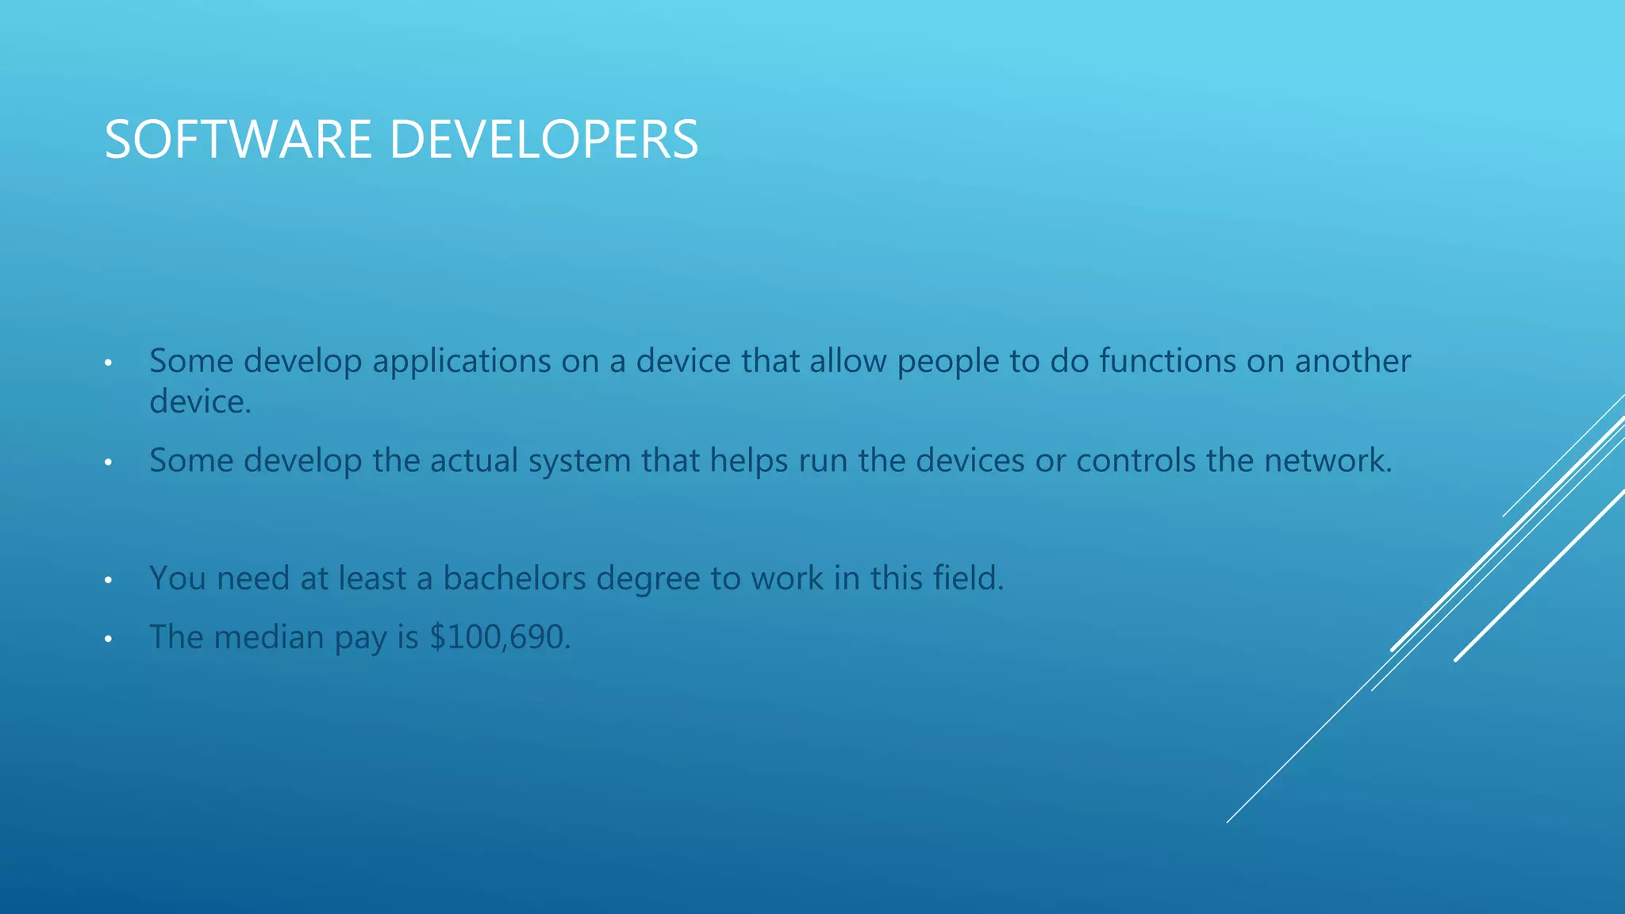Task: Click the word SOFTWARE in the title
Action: point(238,140)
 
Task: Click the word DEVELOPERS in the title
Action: point(544,140)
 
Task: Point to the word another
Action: point(1352,362)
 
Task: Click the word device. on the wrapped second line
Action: point(200,402)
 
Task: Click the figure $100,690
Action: point(500,637)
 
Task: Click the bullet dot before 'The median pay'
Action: point(108,639)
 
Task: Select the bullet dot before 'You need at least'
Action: point(108,580)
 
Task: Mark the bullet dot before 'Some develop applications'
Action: point(108,363)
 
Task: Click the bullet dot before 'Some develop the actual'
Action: point(108,463)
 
